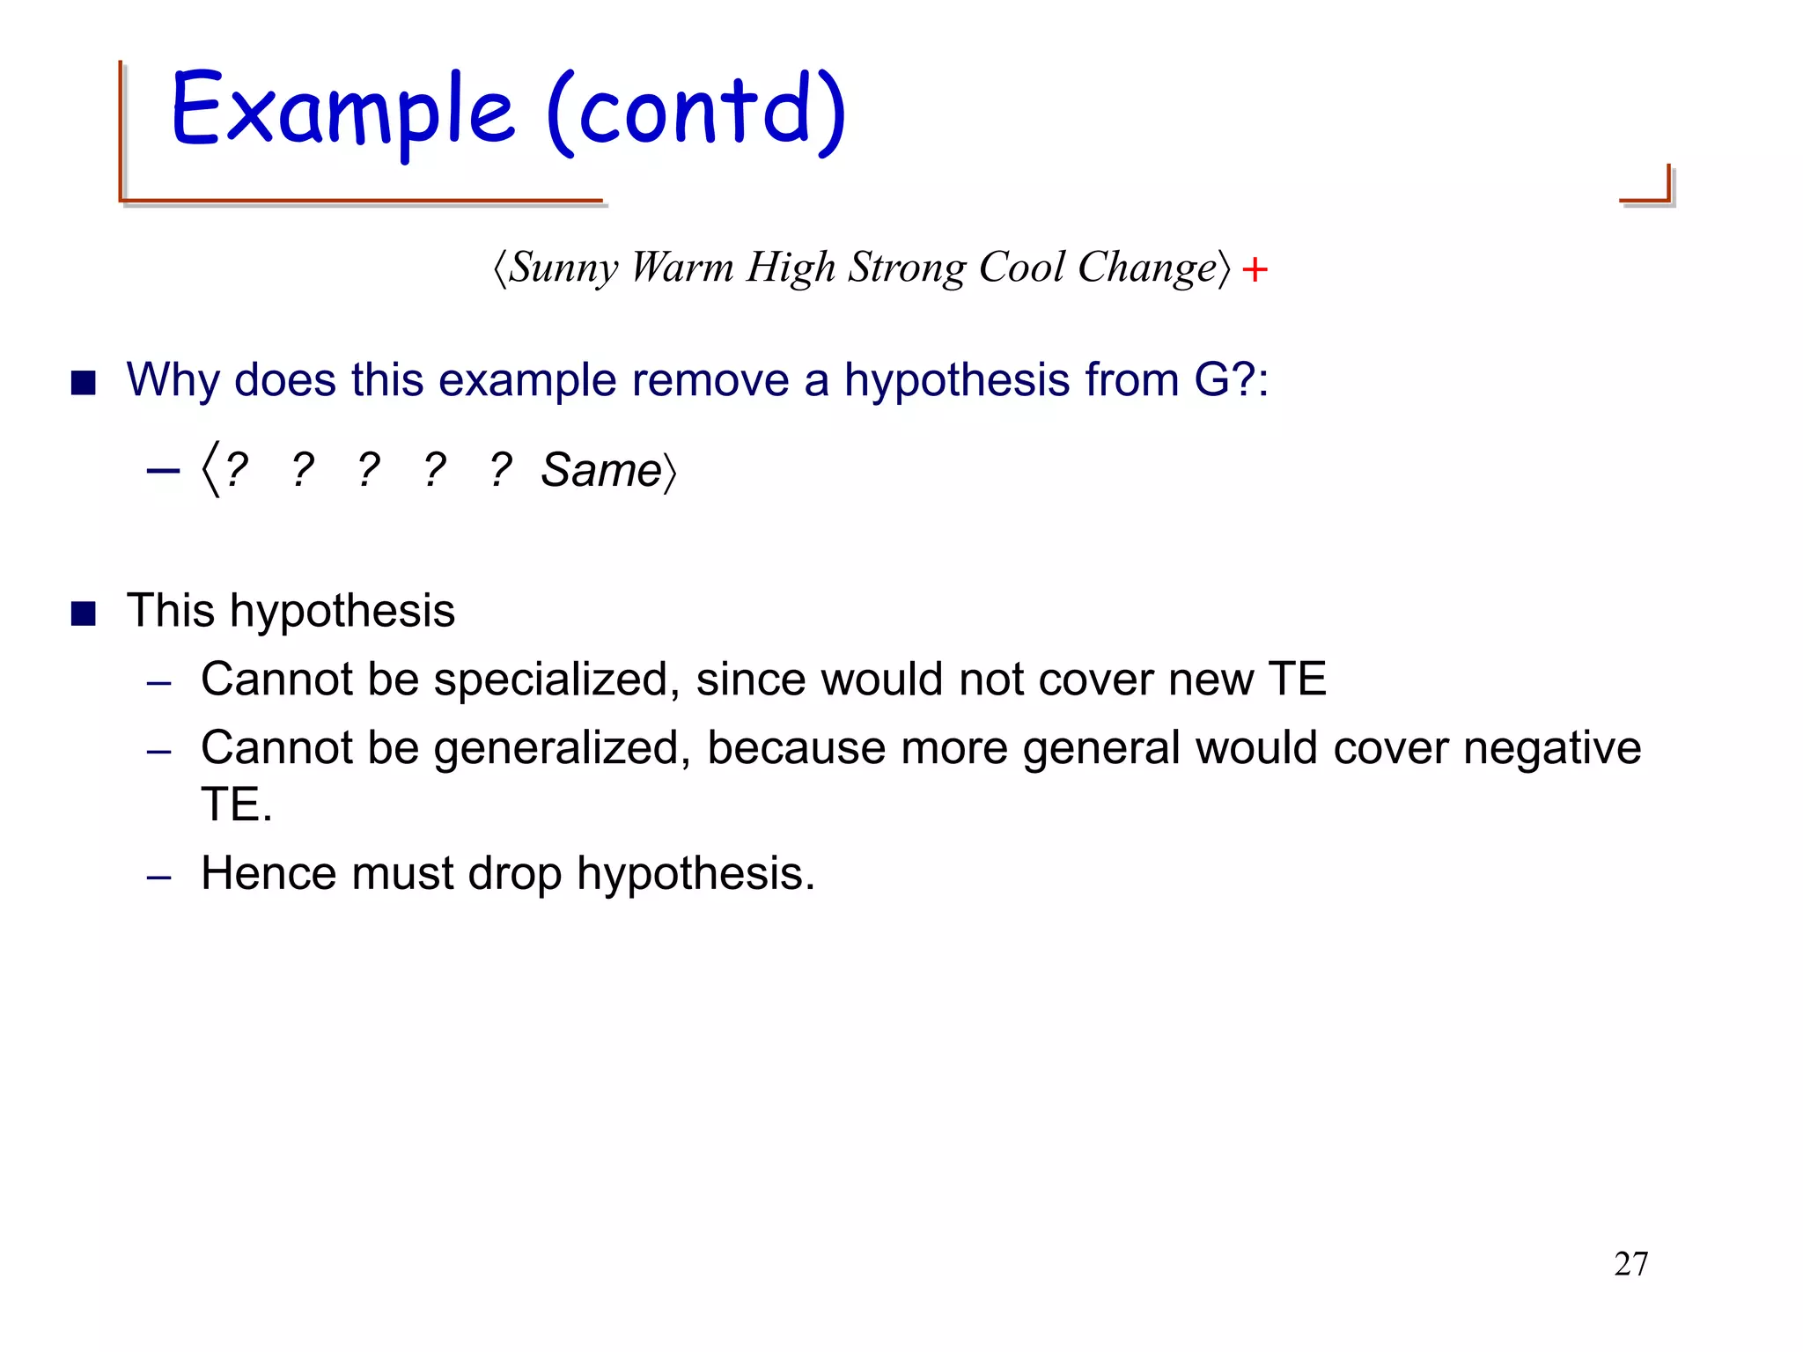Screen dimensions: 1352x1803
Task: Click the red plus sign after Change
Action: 1255,269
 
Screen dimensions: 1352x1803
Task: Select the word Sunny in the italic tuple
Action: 564,268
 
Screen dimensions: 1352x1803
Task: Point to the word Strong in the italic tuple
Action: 907,268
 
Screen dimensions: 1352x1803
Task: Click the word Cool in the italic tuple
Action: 1021,268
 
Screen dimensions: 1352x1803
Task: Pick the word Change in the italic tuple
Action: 1147,268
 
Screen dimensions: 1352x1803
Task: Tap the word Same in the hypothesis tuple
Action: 600,470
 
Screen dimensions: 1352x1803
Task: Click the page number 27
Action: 1630,1264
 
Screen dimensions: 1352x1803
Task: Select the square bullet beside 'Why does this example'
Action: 84,383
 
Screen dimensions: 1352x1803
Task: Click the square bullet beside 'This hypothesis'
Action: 84,614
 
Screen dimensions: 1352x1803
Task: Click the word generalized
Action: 561,749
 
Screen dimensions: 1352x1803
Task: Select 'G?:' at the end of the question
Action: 1231,381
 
